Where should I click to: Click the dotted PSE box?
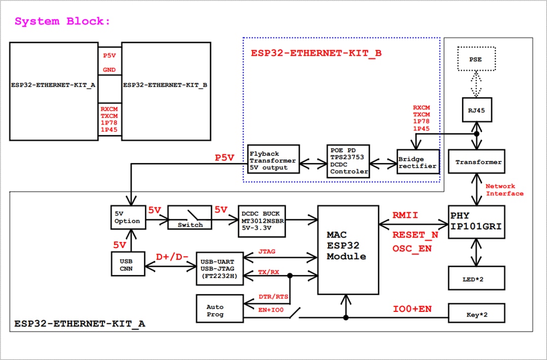coord(476,59)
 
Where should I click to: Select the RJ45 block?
coord(476,110)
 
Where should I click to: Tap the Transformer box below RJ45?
coord(476,162)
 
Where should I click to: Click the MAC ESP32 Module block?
coord(348,250)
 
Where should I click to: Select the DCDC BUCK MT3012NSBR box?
coord(261,221)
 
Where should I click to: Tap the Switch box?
coord(189,218)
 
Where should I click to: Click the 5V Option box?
coord(128,218)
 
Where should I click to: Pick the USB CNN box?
coord(128,264)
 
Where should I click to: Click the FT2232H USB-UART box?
coord(219,268)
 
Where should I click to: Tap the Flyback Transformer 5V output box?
coord(272,161)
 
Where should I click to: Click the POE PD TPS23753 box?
coord(348,161)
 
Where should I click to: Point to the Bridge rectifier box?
coord(417,162)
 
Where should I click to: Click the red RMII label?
coord(405,216)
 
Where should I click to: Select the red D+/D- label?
coord(172,257)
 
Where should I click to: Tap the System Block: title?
coord(62,21)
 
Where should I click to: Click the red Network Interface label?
coord(504,190)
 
